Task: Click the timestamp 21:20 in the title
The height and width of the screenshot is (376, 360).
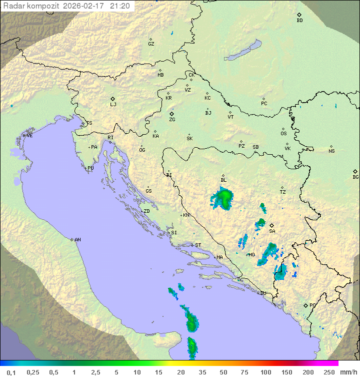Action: [x=120, y=6]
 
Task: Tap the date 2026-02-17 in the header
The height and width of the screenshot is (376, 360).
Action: [x=85, y=6]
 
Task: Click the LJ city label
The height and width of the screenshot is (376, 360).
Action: [x=113, y=105]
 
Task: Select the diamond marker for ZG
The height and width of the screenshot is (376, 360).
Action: [x=171, y=114]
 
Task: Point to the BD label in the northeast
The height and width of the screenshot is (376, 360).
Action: [x=299, y=21]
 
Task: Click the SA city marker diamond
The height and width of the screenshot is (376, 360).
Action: [x=272, y=225]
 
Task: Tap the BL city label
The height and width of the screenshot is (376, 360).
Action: [x=223, y=180]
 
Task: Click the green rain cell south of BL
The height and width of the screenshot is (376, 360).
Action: [x=223, y=198]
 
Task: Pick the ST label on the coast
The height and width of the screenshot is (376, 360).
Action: [x=198, y=245]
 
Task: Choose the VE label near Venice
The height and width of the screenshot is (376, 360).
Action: [x=29, y=136]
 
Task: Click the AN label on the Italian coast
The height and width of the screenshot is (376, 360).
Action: [x=77, y=240]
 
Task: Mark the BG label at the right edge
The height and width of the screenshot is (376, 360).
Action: [x=355, y=177]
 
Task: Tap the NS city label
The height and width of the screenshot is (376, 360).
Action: [x=331, y=151]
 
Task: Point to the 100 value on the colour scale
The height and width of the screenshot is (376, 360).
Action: [x=265, y=372]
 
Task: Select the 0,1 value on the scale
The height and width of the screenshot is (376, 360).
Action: [x=11, y=372]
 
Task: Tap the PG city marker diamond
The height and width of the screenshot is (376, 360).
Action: [x=305, y=305]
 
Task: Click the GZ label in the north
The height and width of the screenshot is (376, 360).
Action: [x=151, y=44]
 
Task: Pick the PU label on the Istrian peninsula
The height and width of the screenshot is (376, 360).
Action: [x=90, y=168]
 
